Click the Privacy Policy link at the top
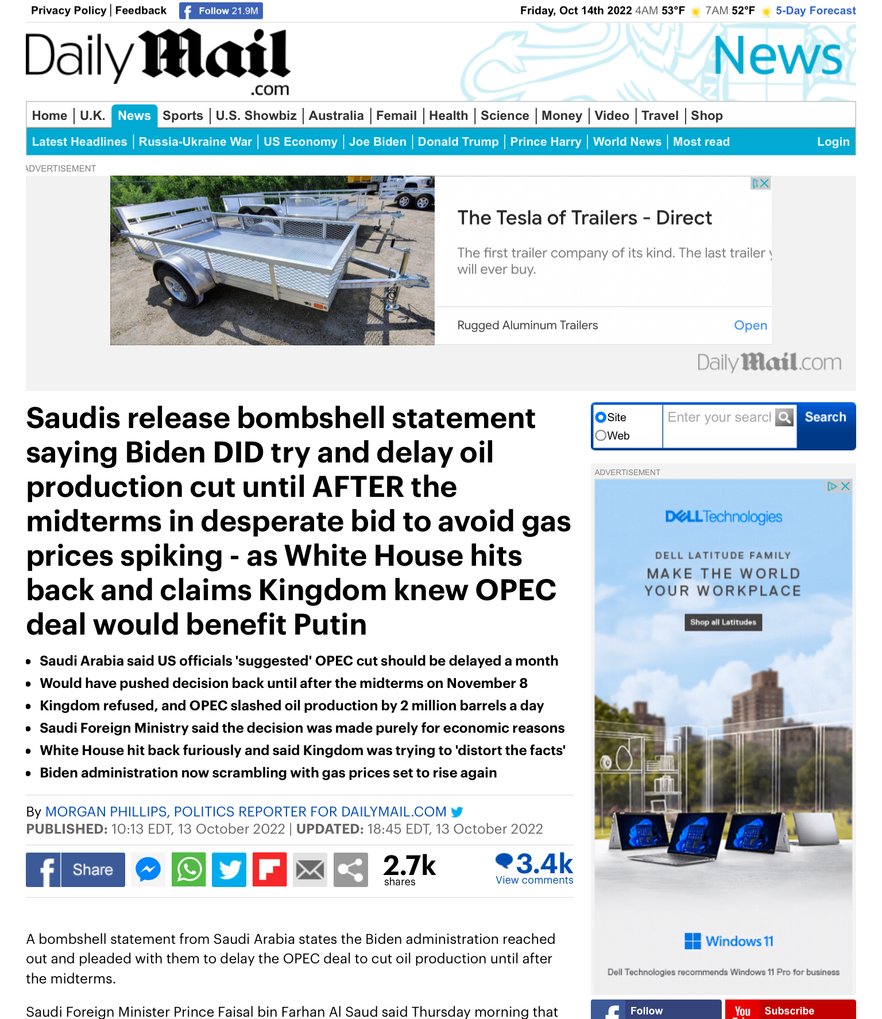pyautogui.click(x=68, y=10)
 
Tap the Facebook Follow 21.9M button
pyautogui.click(x=221, y=11)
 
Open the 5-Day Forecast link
pyautogui.click(x=815, y=11)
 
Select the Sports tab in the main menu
pyautogui.click(x=183, y=116)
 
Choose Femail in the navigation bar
pyautogui.click(x=396, y=116)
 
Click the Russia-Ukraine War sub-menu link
pyautogui.click(x=195, y=142)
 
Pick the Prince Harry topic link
pyautogui.click(x=546, y=142)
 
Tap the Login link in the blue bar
pyautogui.click(x=833, y=142)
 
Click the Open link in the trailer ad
pyautogui.click(x=751, y=325)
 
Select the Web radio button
pyautogui.click(x=601, y=435)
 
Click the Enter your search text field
pyautogui.click(x=719, y=417)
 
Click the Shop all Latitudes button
pyautogui.click(x=723, y=623)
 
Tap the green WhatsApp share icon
pyautogui.click(x=189, y=870)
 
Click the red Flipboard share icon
pyautogui.click(x=269, y=870)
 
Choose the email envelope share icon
pyautogui.click(x=310, y=870)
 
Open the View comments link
pyautogui.click(x=534, y=880)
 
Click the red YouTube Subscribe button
pyautogui.click(x=790, y=1010)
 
